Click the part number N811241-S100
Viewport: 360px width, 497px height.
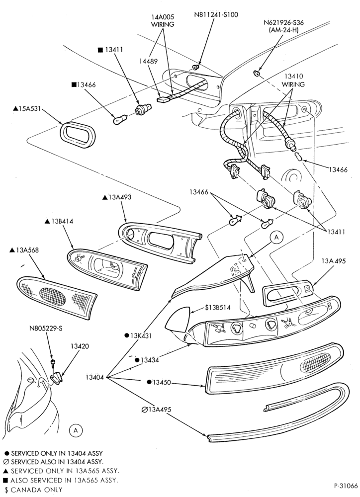coord(216,14)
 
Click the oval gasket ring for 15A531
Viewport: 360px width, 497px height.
coord(78,134)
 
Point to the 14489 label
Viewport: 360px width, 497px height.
coord(148,62)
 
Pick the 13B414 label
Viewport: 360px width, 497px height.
coord(59,221)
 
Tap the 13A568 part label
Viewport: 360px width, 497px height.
coord(24,250)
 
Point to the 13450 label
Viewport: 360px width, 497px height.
coord(159,382)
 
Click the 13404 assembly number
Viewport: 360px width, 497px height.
coord(94,378)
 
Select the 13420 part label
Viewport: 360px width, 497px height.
coord(80,346)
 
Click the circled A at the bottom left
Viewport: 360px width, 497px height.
coord(76,430)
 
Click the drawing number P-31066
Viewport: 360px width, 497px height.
coord(346,486)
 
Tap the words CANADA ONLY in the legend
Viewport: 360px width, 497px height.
coord(36,490)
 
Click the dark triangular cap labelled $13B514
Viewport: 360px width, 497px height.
coord(177,320)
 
